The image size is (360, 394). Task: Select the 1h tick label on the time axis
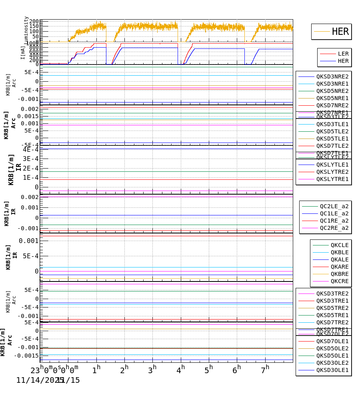(x=96, y=370)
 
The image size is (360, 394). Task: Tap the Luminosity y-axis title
(x=26, y=30)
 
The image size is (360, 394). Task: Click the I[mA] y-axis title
(x=23, y=52)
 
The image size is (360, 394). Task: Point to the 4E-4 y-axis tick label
(x=31, y=150)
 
